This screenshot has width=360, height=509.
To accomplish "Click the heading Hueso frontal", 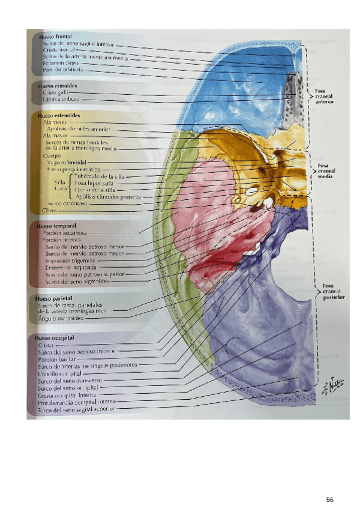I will point(55,37).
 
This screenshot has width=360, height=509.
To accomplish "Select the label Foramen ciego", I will point(61,62).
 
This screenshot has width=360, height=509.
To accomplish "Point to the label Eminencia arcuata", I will point(72,268).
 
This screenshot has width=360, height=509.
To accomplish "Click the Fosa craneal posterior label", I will point(331,291).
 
